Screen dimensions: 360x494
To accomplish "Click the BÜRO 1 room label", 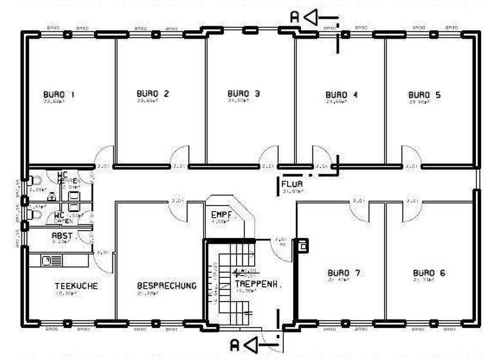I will (59, 95).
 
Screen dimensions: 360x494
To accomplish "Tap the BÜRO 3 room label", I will (244, 93).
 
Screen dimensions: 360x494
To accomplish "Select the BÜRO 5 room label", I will (425, 94).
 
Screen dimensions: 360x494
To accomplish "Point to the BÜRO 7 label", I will (343, 273).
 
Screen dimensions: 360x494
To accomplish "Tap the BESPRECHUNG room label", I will (167, 285).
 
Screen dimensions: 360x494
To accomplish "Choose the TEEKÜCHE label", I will (76, 286).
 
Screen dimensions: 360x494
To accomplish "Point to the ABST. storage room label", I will (62, 236).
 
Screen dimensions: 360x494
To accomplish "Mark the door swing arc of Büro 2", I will (181, 156).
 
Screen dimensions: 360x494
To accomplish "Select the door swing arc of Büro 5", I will (410, 156).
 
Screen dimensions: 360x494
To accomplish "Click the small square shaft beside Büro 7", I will (301, 245).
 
